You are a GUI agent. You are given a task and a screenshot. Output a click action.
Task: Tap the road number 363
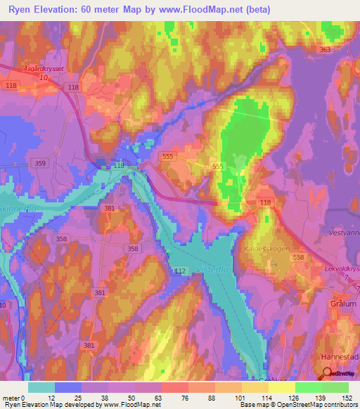tap(325, 50)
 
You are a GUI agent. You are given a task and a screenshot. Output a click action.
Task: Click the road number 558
tap(298, 259)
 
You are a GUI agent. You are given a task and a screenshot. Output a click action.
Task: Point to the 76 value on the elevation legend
tap(174, 397)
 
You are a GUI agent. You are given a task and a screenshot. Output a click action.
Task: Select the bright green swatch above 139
tap(308, 387)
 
